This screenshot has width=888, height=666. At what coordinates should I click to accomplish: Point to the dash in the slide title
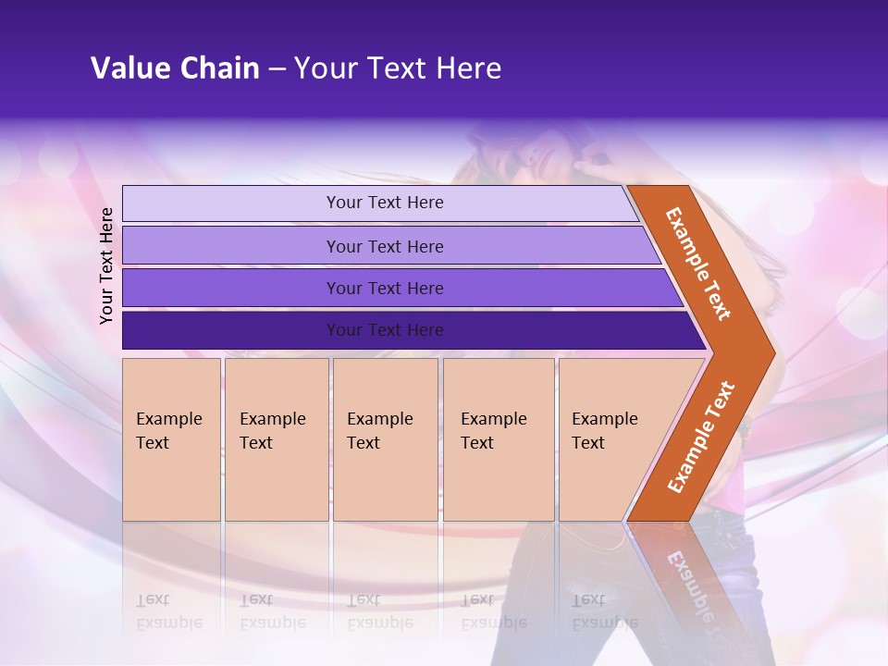pos(277,69)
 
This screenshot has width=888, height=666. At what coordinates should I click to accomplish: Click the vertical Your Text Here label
pos(106,265)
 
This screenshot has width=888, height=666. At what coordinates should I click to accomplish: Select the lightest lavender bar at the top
pos(384,203)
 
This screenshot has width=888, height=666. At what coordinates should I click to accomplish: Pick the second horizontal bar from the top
pos(384,246)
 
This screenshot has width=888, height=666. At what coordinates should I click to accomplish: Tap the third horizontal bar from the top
pos(384,288)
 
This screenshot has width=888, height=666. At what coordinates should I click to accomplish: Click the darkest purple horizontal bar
pos(384,330)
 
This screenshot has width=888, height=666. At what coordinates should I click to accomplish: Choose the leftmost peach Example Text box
pos(171,439)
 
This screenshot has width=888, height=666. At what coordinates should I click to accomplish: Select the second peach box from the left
pos(276,439)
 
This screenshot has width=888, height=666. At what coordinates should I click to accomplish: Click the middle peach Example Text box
pos(385,439)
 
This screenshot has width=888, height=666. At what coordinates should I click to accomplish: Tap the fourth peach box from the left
pos(498,439)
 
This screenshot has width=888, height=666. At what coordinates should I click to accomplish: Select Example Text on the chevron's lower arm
pos(701,438)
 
